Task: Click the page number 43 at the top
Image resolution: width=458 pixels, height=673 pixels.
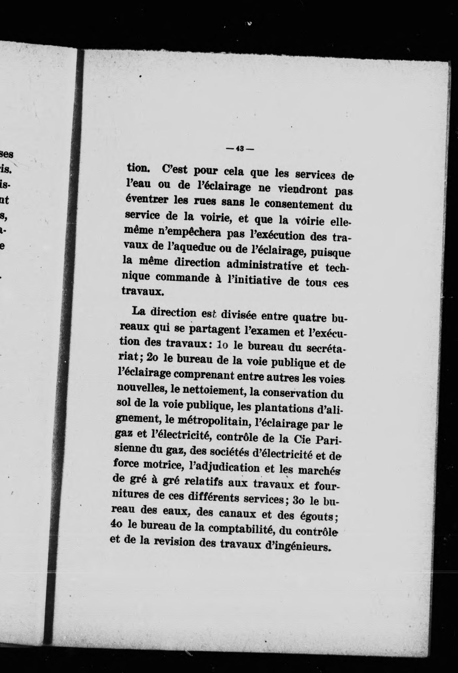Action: coord(239,149)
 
